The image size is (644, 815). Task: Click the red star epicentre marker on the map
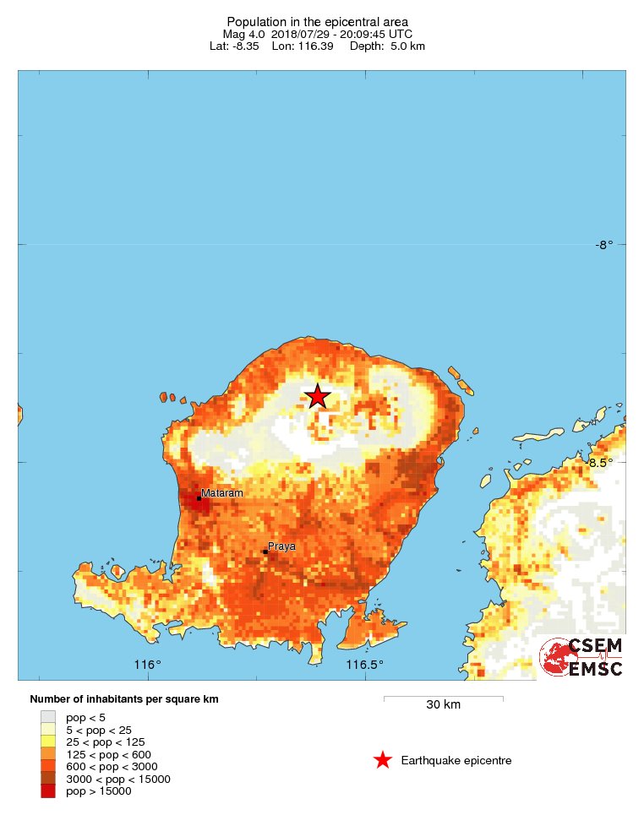click(x=317, y=396)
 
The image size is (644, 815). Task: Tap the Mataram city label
click(x=221, y=492)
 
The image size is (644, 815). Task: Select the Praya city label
click(x=281, y=546)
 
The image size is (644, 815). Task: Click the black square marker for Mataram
click(x=199, y=498)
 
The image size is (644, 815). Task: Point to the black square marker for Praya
click(x=265, y=552)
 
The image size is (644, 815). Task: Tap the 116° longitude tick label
click(x=148, y=665)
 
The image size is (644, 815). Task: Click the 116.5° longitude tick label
click(x=365, y=665)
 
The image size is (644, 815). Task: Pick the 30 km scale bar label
click(x=443, y=705)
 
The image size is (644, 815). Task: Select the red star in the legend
click(x=383, y=760)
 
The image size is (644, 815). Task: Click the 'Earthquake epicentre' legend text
click(x=456, y=761)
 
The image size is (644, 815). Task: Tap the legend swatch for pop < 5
click(x=48, y=717)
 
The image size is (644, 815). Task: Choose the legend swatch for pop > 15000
click(x=48, y=791)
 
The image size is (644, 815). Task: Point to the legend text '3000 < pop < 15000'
click(x=118, y=779)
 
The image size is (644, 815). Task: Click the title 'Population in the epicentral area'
click(x=317, y=21)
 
